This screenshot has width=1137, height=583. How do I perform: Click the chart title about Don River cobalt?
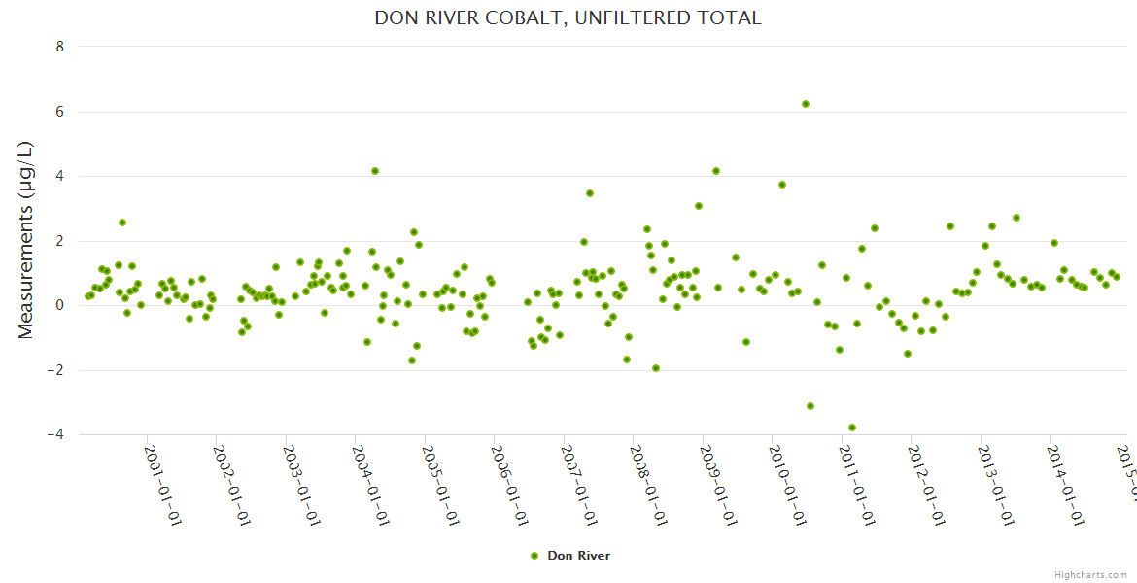pyautogui.click(x=568, y=17)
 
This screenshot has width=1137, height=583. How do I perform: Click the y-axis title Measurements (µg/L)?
pyautogui.click(x=26, y=239)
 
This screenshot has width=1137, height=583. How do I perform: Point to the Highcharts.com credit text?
pyautogui.click(x=1090, y=575)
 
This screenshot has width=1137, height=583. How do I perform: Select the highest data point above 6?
pyautogui.click(x=806, y=104)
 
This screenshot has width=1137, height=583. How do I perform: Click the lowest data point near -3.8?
pyautogui.click(x=852, y=428)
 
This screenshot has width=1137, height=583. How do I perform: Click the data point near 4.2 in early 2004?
pyautogui.click(x=375, y=171)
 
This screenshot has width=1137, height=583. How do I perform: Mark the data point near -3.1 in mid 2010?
pyautogui.click(x=810, y=406)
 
